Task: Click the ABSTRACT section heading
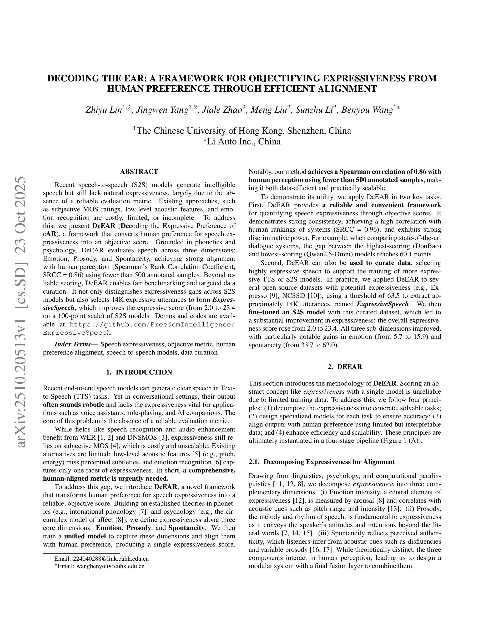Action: click(x=139, y=172)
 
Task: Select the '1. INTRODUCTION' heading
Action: click(x=139, y=372)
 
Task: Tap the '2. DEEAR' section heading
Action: click(x=345, y=367)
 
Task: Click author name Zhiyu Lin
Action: click(x=104, y=110)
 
